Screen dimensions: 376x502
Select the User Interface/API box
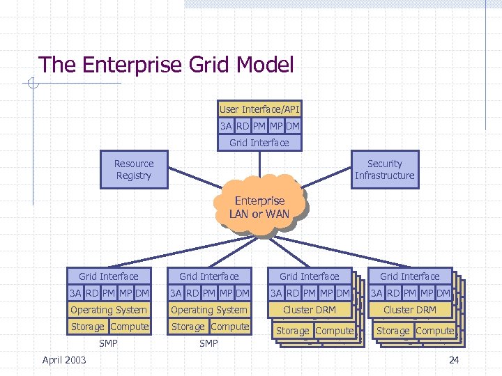(259, 109)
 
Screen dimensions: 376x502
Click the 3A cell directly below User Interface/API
(226, 126)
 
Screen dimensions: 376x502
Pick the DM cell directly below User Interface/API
(293, 126)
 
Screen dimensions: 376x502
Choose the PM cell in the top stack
(259, 126)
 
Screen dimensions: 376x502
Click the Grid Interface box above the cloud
(259, 143)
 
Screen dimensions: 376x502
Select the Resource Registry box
(134, 170)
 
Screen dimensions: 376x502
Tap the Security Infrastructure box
(384, 170)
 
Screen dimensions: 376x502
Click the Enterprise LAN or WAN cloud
(259, 207)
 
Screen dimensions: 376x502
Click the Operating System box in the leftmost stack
(109, 310)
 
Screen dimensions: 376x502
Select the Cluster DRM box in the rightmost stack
(410, 310)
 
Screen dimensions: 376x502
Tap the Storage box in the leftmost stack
(88, 327)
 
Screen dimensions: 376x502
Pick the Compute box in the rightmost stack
(434, 331)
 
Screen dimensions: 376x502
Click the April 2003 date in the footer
(64, 360)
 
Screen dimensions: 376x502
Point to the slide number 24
(453, 360)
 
